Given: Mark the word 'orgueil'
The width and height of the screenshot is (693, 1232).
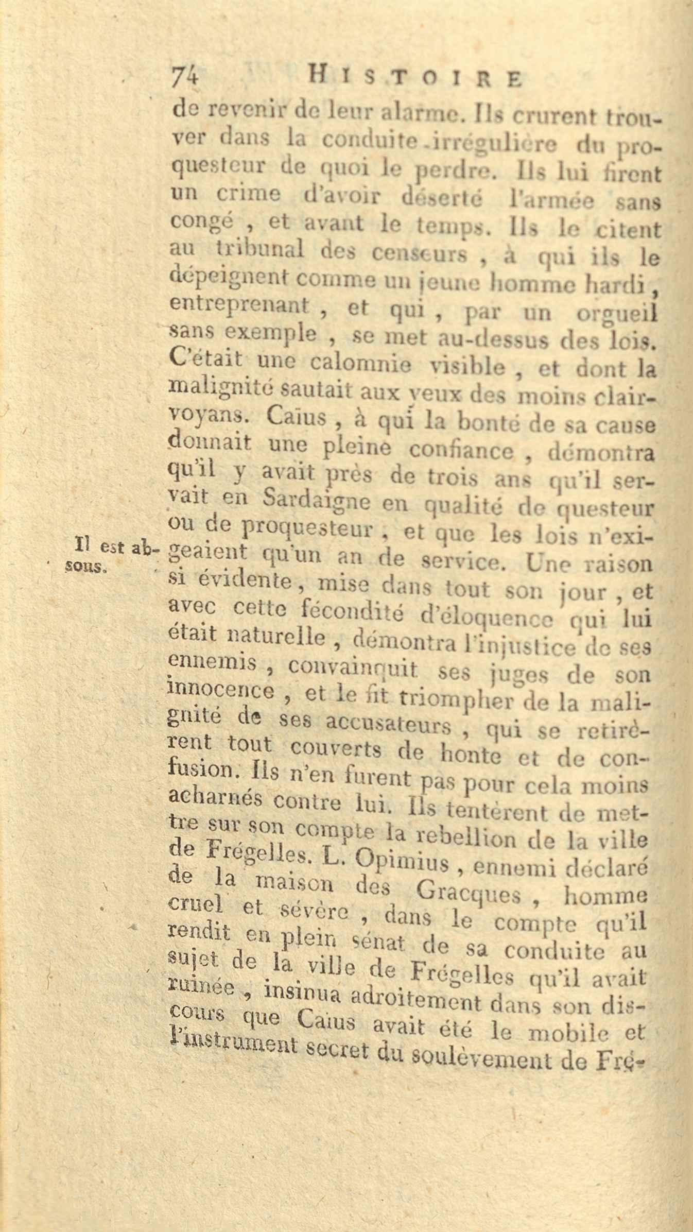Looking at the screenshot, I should click(617, 314).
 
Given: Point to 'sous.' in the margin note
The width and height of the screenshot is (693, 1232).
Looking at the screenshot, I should click(89, 567).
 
